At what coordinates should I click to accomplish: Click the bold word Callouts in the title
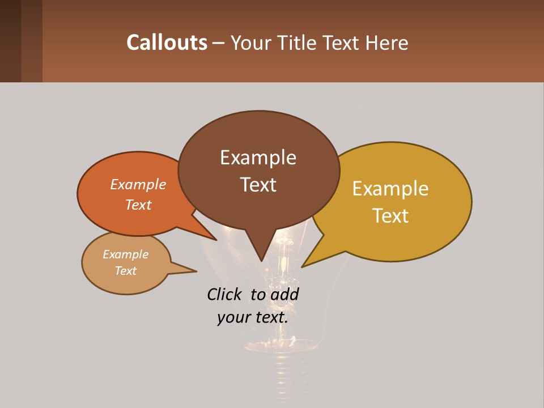[x=167, y=42]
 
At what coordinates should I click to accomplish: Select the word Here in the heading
[x=385, y=43]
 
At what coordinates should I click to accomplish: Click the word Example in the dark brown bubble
[x=258, y=158]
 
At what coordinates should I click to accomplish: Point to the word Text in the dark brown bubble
[x=258, y=185]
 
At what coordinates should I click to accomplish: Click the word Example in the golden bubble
[x=390, y=189]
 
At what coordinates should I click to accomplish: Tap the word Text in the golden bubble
[x=390, y=216]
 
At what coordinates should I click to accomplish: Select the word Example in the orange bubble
[x=138, y=184]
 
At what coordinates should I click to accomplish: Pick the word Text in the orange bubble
[x=138, y=205]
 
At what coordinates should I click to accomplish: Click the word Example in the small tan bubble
[x=126, y=254]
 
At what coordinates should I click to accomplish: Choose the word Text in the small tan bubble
[x=126, y=271]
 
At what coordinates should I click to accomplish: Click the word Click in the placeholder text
[x=225, y=295]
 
